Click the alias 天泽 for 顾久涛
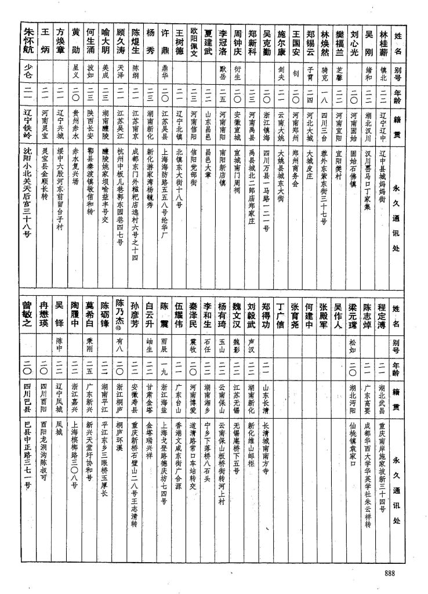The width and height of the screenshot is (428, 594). coord(120,74)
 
